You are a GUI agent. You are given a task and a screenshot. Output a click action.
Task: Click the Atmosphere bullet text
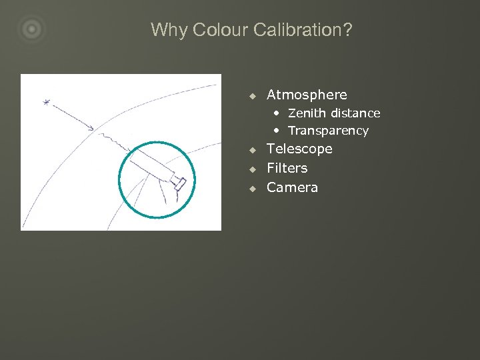[307, 95]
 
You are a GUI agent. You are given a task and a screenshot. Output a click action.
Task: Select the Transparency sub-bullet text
[328, 131]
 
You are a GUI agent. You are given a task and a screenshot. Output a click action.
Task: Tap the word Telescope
[299, 149]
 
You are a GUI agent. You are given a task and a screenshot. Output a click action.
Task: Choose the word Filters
[287, 168]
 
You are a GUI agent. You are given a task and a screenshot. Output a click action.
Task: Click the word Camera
[292, 187]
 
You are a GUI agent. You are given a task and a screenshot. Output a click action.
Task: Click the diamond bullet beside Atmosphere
[253, 95]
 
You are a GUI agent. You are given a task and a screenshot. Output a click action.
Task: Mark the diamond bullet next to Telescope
[253, 149]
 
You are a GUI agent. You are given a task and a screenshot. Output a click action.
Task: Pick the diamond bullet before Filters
[253, 169]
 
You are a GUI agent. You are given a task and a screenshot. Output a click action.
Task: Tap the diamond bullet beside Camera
[253, 188]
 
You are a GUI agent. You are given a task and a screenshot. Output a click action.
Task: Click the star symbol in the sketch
[46, 102]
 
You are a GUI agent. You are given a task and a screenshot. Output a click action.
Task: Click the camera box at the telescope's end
[178, 183]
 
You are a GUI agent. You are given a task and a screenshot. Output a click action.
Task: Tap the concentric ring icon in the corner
[31, 29]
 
